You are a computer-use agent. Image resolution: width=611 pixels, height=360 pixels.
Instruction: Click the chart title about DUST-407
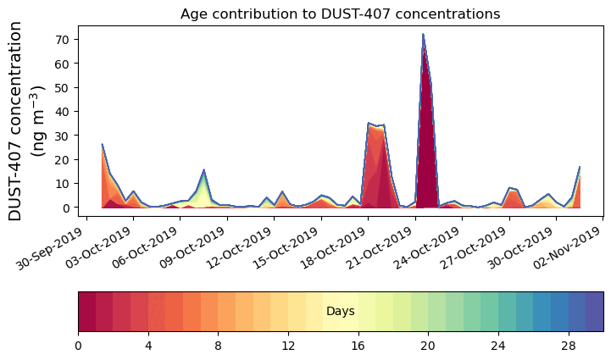coord(340,14)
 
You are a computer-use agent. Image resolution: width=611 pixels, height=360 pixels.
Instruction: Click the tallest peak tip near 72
coord(423,35)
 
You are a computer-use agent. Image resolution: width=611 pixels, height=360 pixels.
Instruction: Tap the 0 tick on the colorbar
coord(79,346)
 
